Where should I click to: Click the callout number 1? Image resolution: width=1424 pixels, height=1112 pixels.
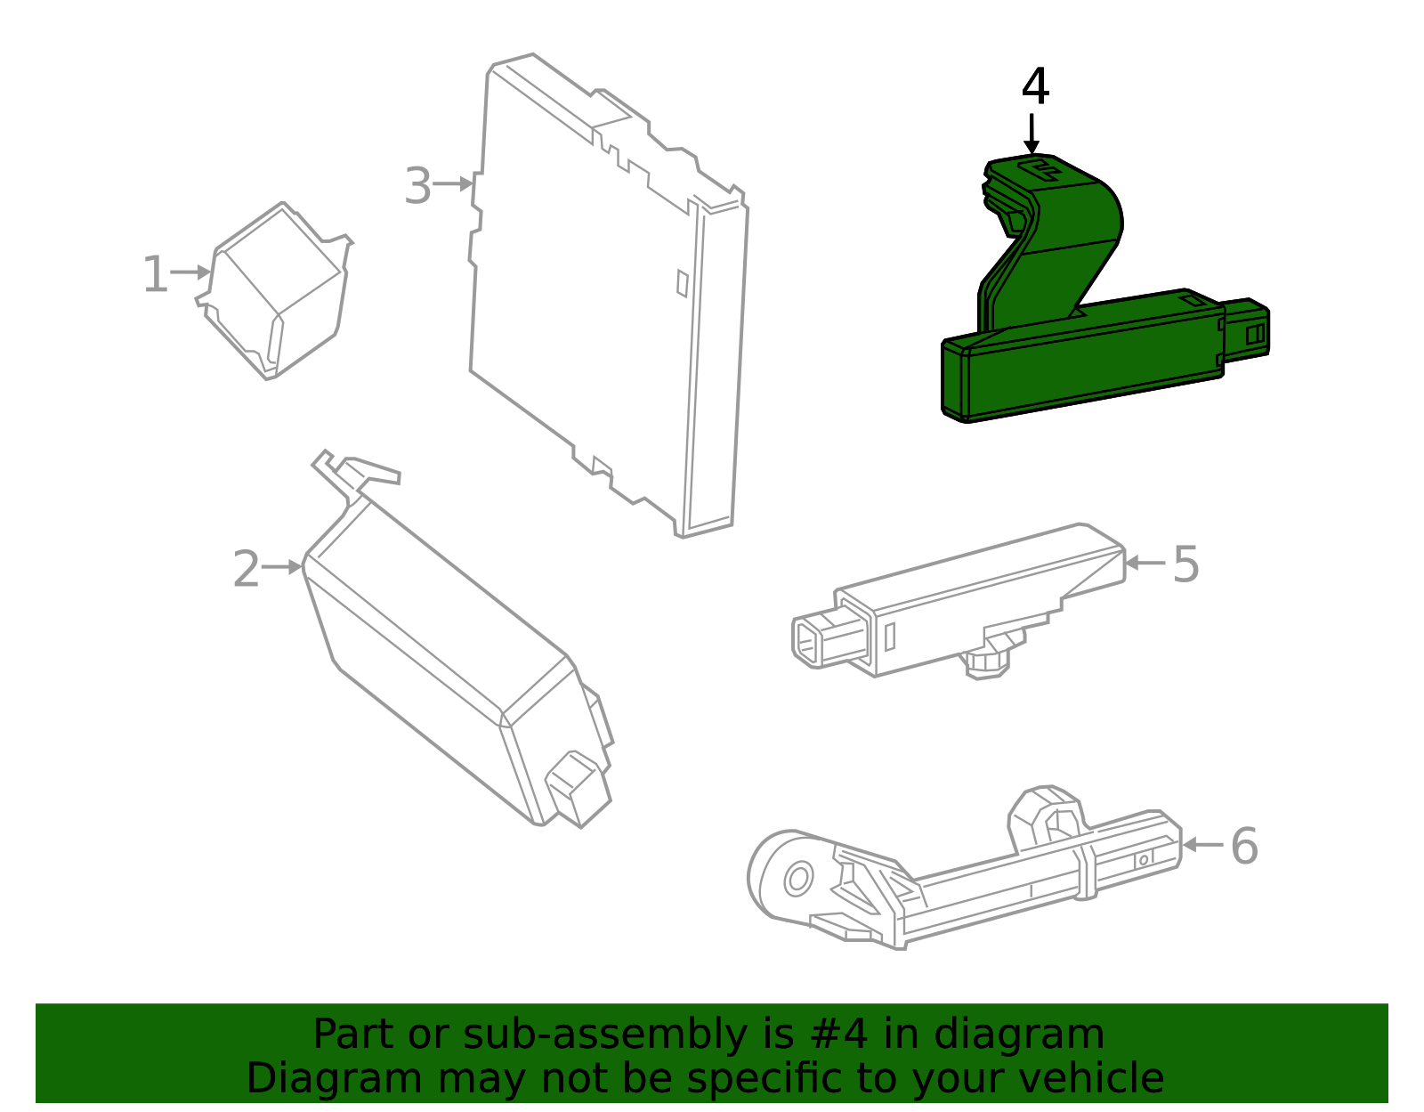pos(156,274)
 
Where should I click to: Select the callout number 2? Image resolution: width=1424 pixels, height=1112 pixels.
pos(247,568)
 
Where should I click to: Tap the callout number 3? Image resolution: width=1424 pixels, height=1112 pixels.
pos(418,185)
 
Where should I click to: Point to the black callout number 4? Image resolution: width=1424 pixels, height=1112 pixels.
pos(1035,85)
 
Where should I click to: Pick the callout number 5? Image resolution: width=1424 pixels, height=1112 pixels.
pos(1186,564)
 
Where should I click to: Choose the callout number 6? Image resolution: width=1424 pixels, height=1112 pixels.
pos(1245,846)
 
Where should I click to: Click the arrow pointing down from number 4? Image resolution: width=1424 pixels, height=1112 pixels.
pos(1032,134)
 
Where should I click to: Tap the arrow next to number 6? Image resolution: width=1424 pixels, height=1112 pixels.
pos(1202,845)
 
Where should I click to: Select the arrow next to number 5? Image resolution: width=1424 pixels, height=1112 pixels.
pos(1145,562)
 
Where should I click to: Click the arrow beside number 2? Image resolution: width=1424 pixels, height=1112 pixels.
pos(282,567)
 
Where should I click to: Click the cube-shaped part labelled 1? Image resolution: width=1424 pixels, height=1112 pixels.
pos(275,291)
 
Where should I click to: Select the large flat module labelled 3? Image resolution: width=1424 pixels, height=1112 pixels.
pos(609,296)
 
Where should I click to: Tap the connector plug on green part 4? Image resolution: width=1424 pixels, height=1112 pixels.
pos(1246,329)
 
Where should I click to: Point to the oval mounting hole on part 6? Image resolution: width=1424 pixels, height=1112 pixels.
pos(798,879)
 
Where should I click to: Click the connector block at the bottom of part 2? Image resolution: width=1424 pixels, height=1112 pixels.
pos(577,789)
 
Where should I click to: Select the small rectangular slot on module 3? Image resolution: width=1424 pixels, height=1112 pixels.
pos(682,283)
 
